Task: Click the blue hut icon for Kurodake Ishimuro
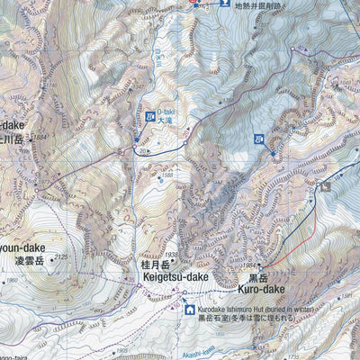coord(190,310)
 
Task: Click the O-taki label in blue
coord(166,113)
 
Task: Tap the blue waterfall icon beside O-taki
coord(150,116)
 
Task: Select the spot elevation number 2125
coord(60,257)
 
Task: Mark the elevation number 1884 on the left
coord(37,138)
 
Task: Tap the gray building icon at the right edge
coord(326,186)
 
